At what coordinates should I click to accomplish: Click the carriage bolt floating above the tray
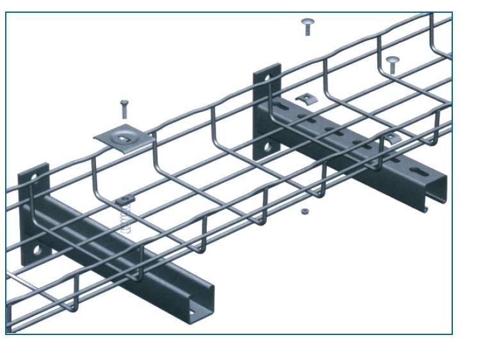(x=307, y=26)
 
